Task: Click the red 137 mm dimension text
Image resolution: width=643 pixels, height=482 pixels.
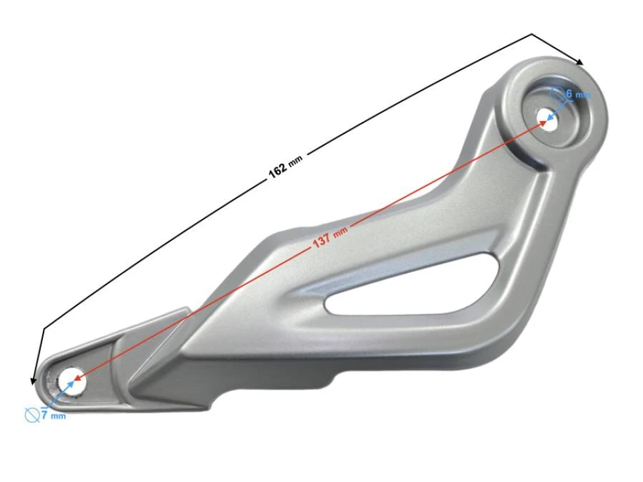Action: tap(330, 237)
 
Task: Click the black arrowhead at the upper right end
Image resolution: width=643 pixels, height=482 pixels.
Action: tap(579, 62)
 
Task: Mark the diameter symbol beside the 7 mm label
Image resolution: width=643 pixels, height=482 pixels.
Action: tap(31, 416)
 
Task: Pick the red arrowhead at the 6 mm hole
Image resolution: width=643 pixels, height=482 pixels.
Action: tap(543, 123)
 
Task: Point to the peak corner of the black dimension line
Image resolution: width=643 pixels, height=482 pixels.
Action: tap(532, 34)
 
